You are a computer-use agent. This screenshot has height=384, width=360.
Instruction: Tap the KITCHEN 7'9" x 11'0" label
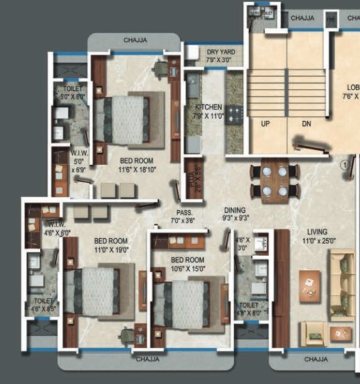point(209,112)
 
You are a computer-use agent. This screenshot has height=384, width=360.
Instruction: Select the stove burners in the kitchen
point(235,115)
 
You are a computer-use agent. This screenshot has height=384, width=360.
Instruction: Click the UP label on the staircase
point(265,124)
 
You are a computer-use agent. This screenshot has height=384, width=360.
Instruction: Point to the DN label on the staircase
point(306,124)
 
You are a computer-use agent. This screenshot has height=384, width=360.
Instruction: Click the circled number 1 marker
point(344,165)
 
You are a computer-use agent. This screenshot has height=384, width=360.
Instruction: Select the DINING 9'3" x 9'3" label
point(236,214)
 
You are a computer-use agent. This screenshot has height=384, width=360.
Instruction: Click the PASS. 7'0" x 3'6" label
point(183,217)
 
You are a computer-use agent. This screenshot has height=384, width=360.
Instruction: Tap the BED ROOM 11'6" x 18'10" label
point(136,165)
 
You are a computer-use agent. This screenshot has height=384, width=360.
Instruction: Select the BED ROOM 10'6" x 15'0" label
point(187,264)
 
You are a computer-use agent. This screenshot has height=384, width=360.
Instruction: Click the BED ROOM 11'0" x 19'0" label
point(111,244)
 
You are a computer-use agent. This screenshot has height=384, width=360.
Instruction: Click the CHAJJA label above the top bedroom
point(135,40)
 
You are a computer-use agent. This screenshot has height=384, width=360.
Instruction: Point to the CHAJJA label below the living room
point(315,359)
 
